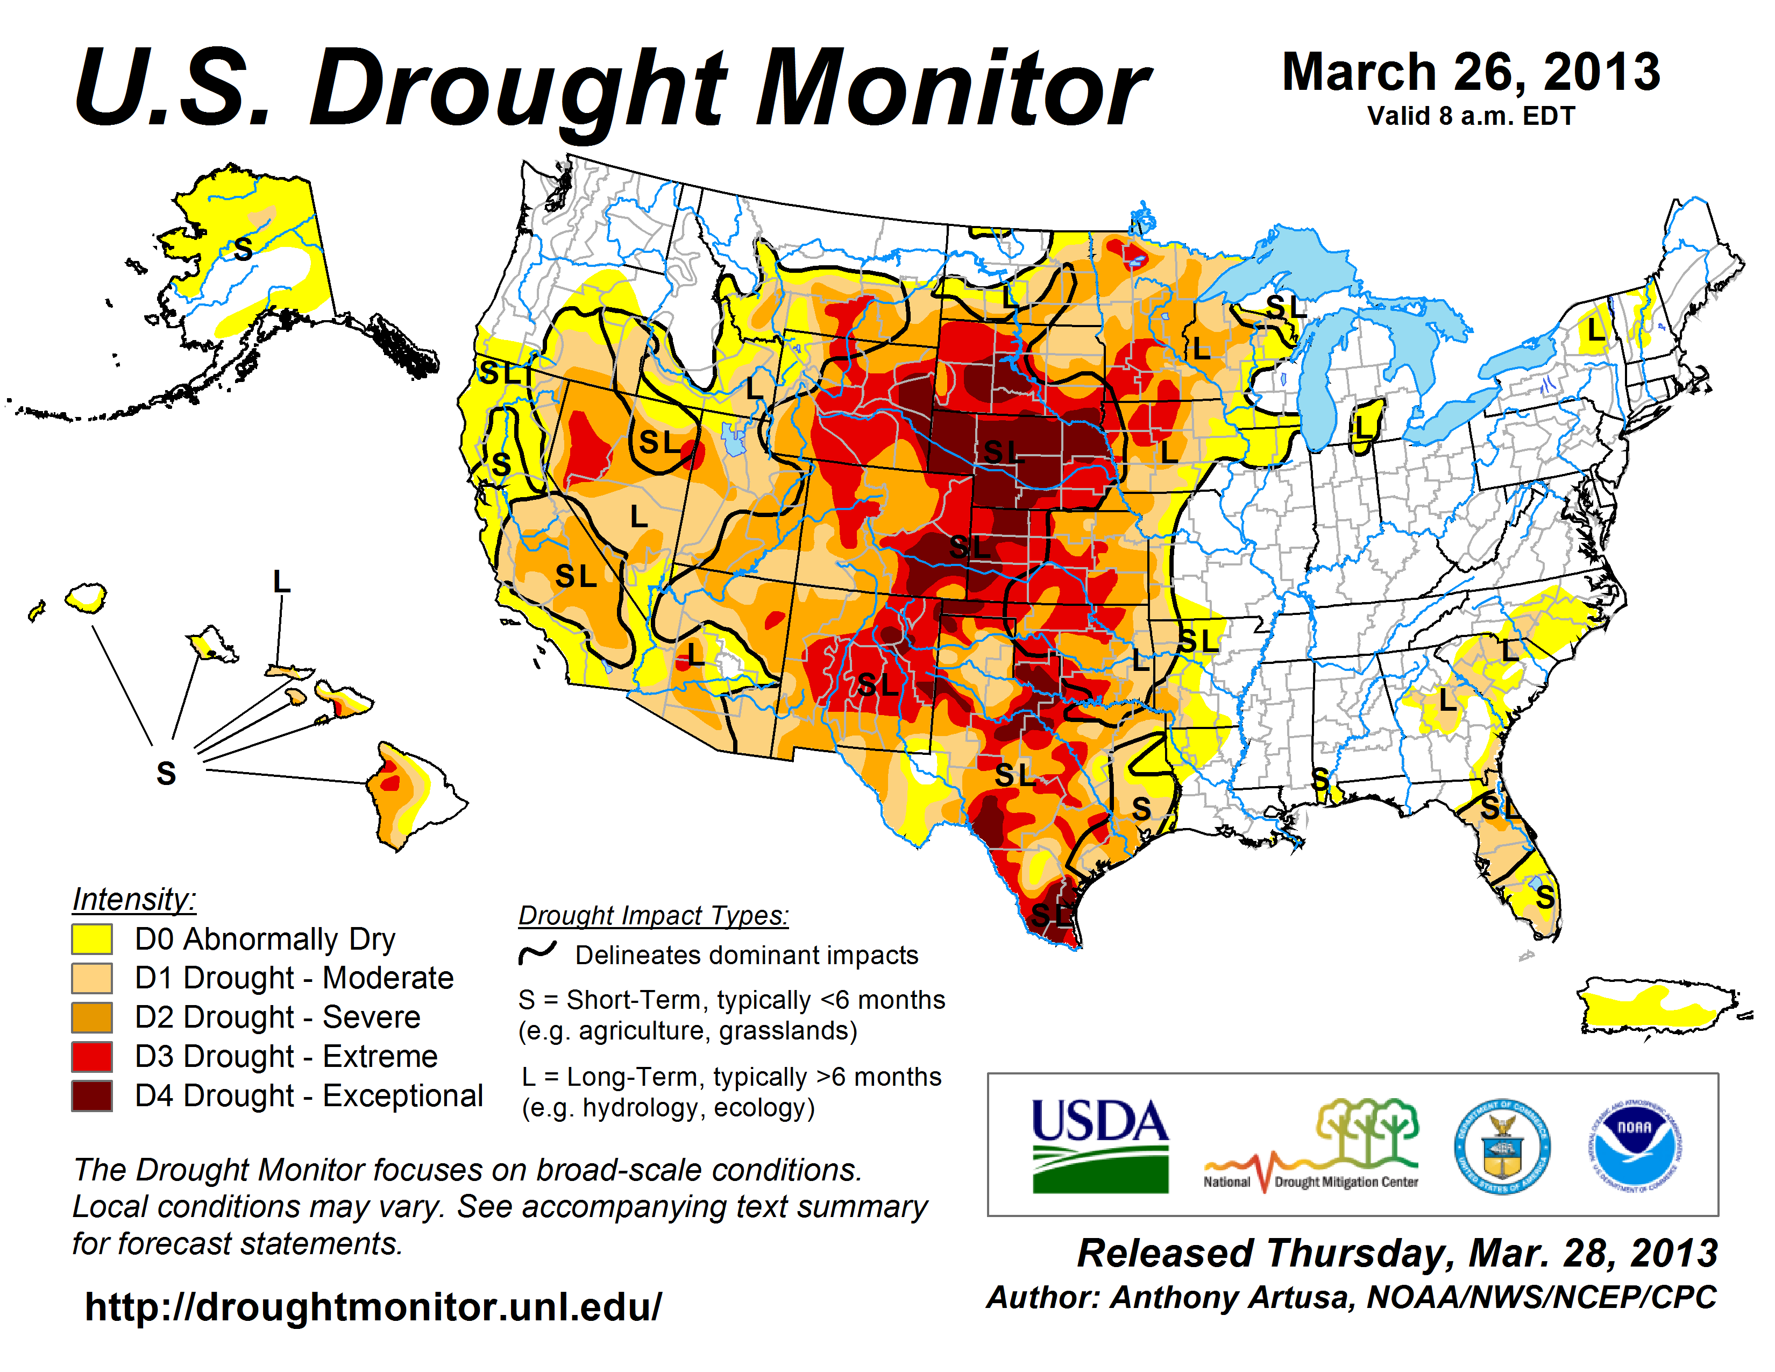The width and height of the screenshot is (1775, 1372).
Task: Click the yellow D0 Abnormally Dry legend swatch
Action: click(91, 939)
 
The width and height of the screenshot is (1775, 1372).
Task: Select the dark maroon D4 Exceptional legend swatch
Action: click(91, 1095)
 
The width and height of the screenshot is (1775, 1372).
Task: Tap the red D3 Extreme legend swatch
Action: click(91, 1057)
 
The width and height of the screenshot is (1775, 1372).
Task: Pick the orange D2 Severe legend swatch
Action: click(91, 1017)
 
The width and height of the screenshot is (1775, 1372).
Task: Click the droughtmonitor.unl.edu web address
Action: click(373, 1307)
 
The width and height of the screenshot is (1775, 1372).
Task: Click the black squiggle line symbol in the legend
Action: click(537, 953)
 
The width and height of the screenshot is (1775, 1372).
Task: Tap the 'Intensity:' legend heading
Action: click(134, 900)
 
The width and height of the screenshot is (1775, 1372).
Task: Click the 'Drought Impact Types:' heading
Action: click(654, 915)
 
